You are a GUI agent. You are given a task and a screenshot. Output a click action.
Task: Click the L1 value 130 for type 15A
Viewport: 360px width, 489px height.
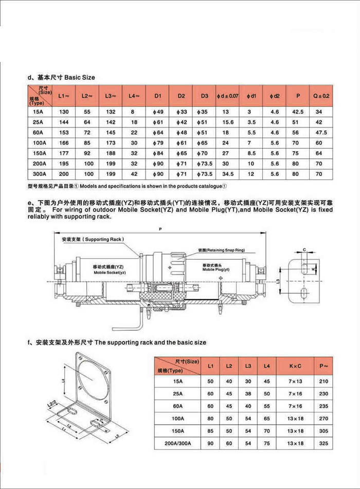click(x=64, y=112)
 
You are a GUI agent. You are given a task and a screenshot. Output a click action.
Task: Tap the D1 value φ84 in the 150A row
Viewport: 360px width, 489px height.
click(x=157, y=153)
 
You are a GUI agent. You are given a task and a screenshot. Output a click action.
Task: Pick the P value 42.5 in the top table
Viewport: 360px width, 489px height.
click(x=298, y=112)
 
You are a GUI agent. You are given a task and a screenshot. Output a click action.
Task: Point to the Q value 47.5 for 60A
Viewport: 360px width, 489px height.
click(x=319, y=133)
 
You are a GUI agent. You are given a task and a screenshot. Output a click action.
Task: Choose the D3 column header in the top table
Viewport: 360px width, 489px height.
click(x=204, y=96)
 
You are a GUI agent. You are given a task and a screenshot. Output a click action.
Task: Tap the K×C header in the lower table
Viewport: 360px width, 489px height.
click(x=295, y=366)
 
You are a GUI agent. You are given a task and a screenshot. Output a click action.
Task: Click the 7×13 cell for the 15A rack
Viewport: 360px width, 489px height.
click(x=295, y=381)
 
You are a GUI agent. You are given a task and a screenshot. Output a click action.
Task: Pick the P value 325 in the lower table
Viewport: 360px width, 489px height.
click(x=323, y=443)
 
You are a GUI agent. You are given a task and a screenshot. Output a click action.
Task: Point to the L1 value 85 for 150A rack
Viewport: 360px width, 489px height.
click(x=210, y=430)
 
